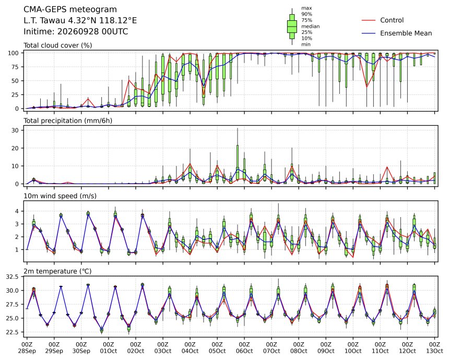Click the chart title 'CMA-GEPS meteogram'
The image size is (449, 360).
pyautogui.click(x=70, y=9)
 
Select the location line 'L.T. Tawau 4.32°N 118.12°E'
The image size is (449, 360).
pyautogui.click(x=80, y=20)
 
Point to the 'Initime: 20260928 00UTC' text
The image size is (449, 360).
pyautogui.click(x=76, y=31)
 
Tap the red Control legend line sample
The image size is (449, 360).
pyautogui.click(x=369, y=20)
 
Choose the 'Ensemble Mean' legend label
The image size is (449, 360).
pyautogui.click(x=406, y=33)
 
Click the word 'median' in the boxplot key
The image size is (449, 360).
pyautogui.click(x=311, y=26)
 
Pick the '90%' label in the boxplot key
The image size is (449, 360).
pyautogui.click(x=306, y=14)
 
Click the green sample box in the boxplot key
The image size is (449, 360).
pyautogui.click(x=292, y=27)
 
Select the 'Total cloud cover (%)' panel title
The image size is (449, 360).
pyautogui.click(x=58, y=45)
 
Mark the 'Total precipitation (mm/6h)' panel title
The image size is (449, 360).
pyautogui.click(x=68, y=121)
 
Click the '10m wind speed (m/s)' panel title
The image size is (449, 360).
pyautogui.click(x=60, y=196)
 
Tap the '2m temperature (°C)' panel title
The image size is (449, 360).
pyautogui.click(x=57, y=271)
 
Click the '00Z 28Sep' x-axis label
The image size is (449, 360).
pyautogui.click(x=27, y=347)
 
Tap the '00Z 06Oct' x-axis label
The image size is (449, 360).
pyautogui.click(x=244, y=347)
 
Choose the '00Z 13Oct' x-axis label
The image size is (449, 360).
pyautogui.click(x=434, y=347)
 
